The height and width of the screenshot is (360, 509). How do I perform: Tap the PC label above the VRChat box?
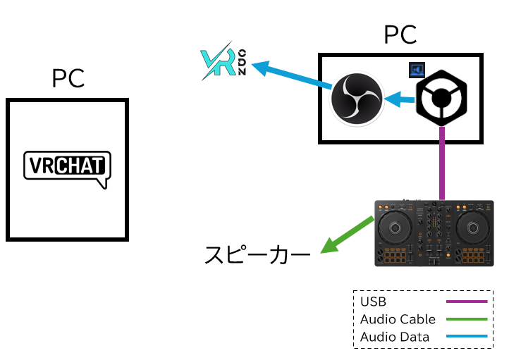[x=68, y=78]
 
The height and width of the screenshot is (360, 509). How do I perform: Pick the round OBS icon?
[x=357, y=100]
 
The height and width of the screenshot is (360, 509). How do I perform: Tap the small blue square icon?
[x=417, y=70]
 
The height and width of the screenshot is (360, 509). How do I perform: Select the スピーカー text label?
[x=257, y=254]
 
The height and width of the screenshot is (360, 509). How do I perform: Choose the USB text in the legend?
[x=373, y=302]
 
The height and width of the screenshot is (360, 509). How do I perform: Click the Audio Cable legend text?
[x=398, y=319]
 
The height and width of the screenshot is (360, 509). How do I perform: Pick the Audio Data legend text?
[x=394, y=337]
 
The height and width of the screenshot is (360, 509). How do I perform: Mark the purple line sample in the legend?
[x=467, y=302]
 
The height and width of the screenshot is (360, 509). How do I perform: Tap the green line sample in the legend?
[x=467, y=319]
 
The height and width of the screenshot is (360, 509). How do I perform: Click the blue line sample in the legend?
[x=467, y=337]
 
